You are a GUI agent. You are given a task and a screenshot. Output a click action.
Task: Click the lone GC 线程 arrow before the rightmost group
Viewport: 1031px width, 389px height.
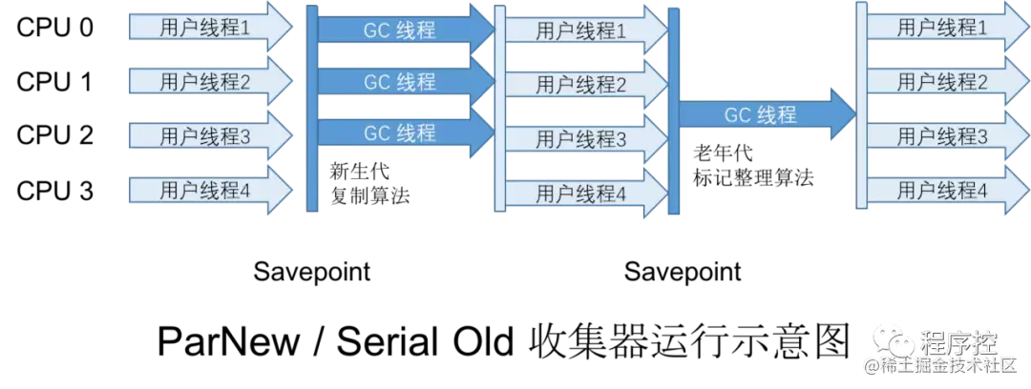point(764,115)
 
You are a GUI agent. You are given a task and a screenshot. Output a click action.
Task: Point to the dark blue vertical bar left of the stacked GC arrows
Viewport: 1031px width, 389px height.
point(312,107)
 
